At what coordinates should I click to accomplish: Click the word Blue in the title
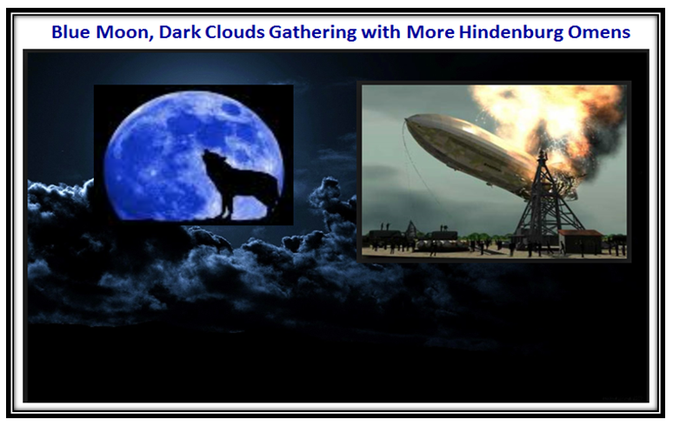coord(70,32)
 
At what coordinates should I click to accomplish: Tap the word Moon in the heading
coord(124,32)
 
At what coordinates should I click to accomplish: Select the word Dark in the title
coord(179,32)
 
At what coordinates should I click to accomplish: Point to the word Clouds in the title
coord(235,32)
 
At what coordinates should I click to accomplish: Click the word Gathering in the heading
coord(312,33)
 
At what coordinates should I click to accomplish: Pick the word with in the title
coord(380,32)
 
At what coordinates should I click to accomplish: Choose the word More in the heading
coord(430,32)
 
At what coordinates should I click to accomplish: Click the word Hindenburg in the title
coord(510,33)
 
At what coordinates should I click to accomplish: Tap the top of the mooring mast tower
coord(542,154)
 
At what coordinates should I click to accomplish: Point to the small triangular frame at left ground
coord(411,230)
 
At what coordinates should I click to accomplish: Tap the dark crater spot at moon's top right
coord(231,110)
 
